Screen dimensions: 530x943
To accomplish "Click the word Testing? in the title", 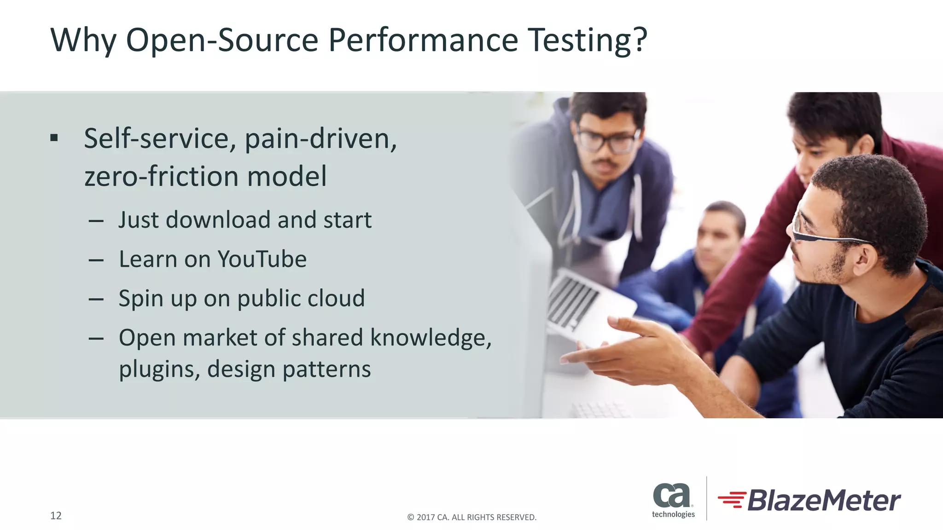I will (587, 40).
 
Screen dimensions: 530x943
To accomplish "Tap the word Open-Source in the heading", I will (222, 40).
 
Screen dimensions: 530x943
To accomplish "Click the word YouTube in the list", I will (262, 259).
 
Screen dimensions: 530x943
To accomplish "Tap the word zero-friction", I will (161, 177).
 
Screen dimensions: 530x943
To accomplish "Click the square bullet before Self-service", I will (54, 138).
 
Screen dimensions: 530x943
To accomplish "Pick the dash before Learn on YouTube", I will (96, 260).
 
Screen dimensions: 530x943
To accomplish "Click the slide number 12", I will (56, 516).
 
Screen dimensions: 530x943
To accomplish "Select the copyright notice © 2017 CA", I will (471, 517).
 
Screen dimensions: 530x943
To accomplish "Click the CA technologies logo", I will (673, 500).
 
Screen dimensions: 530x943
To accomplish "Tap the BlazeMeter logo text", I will (823, 501).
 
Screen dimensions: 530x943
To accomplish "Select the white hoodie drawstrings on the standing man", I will (638, 207).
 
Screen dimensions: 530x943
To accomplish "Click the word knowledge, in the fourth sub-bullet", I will (431, 338).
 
